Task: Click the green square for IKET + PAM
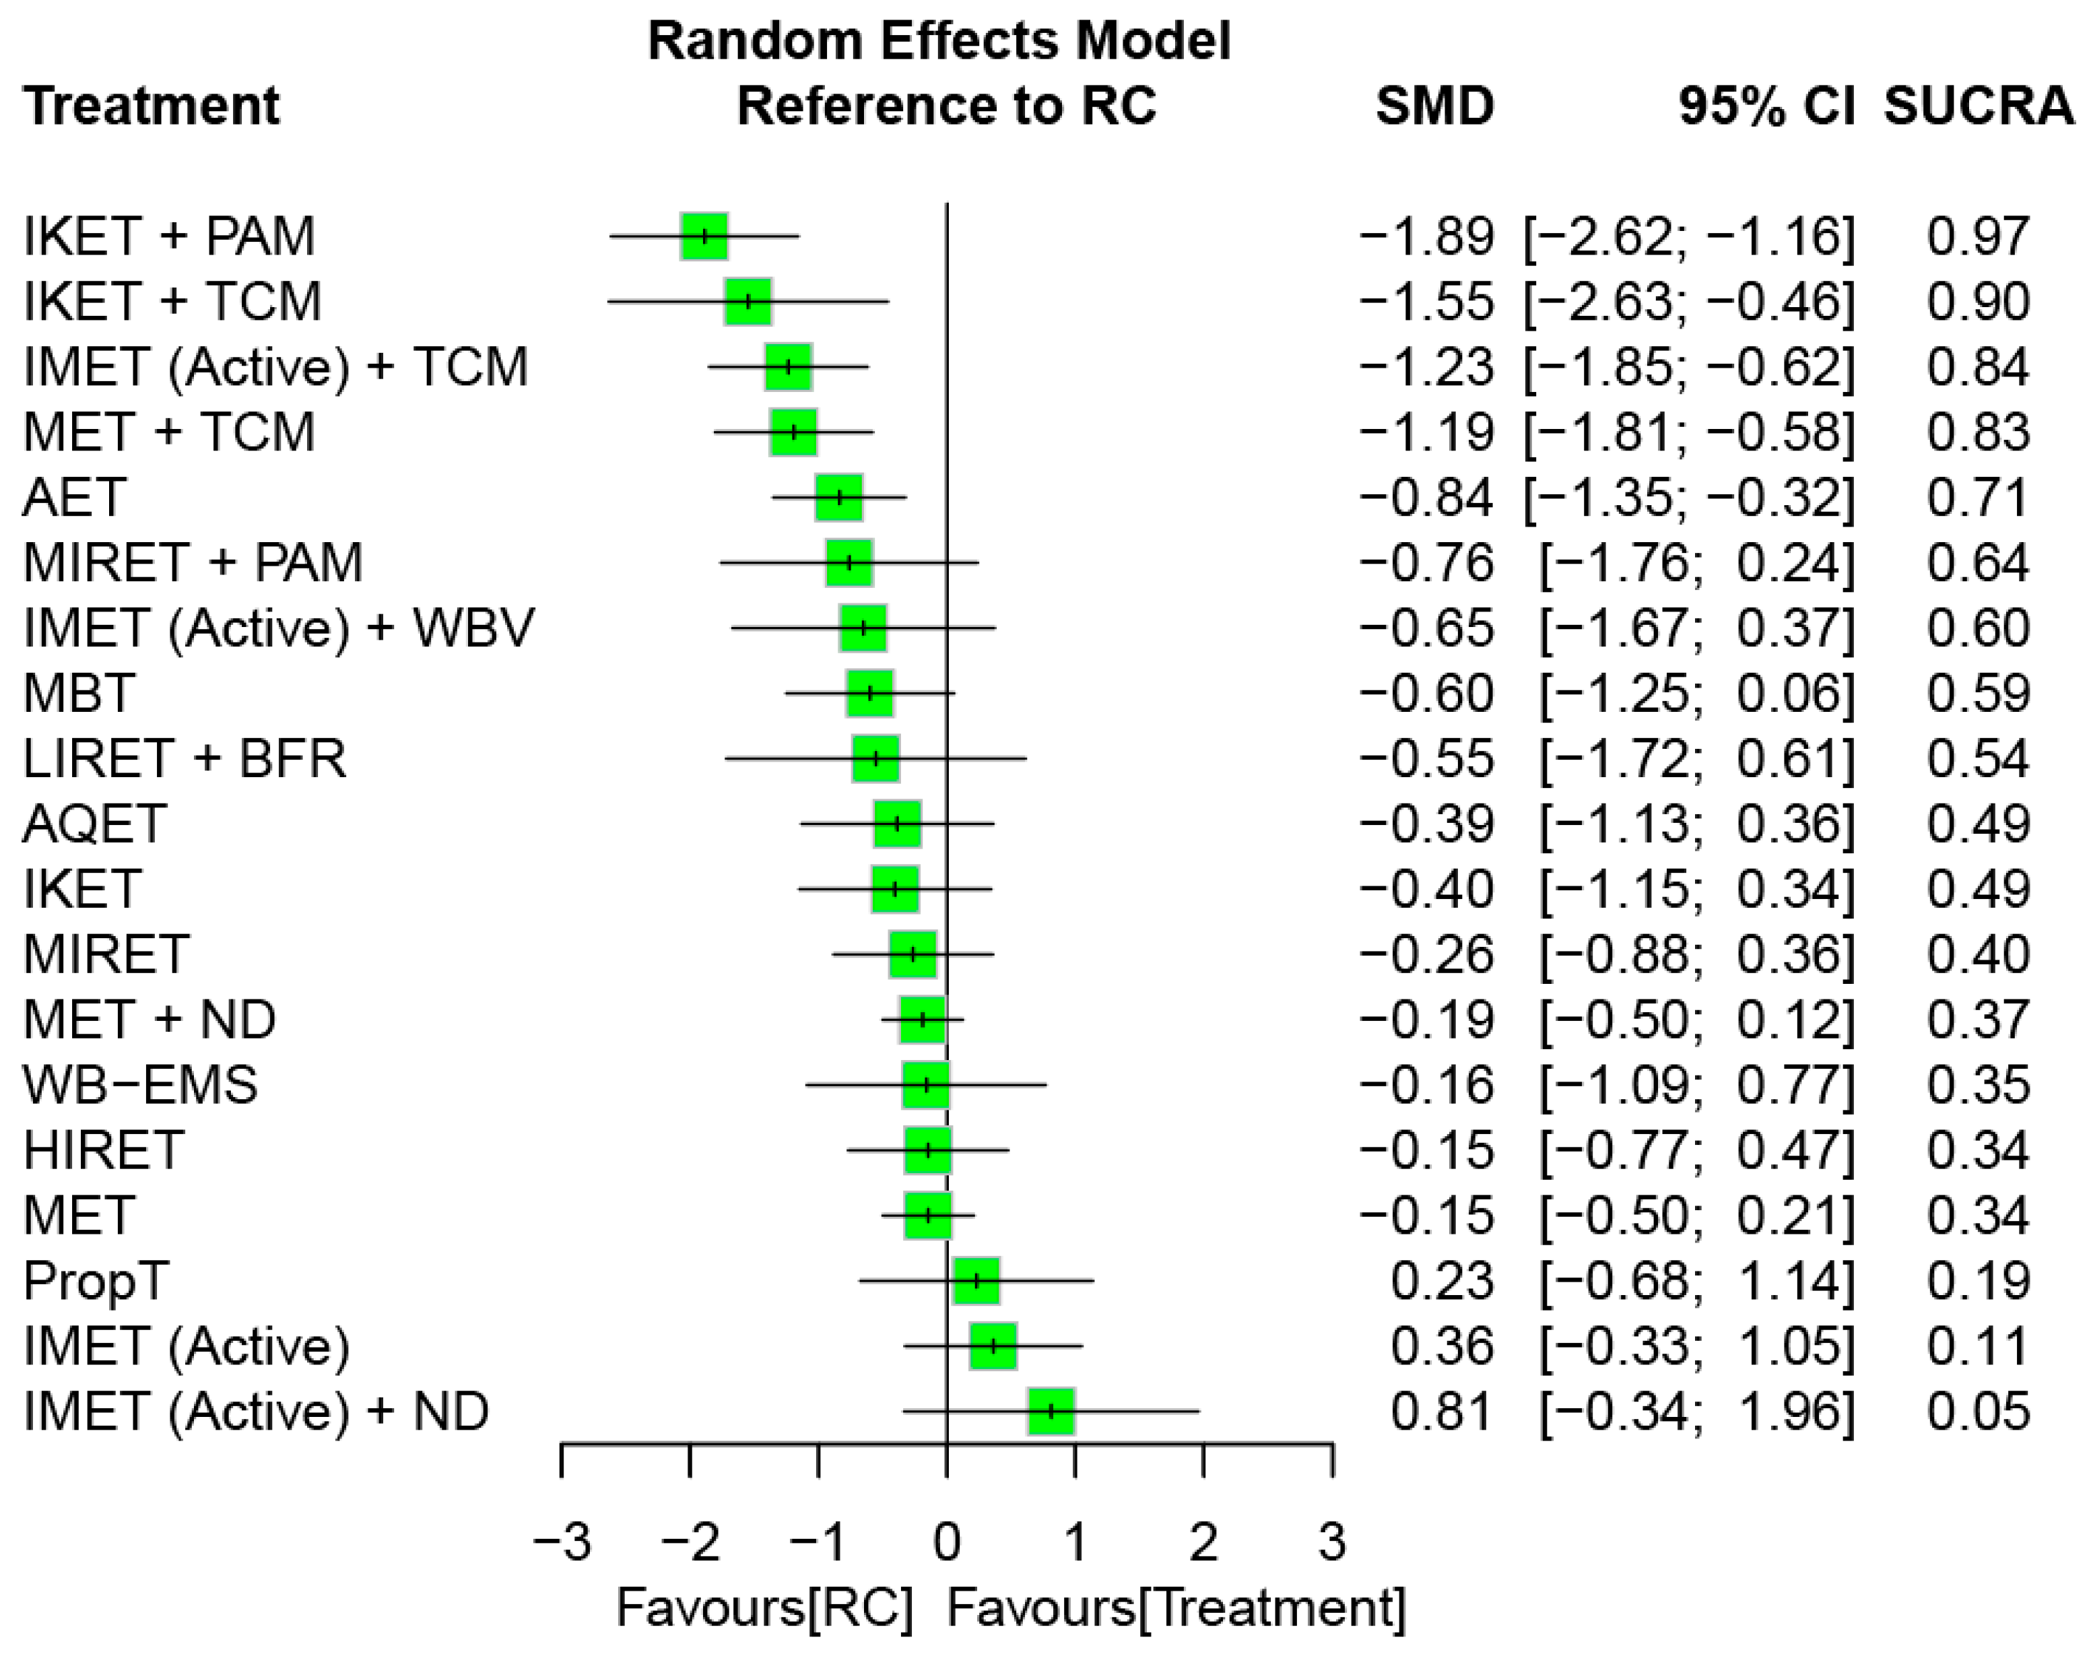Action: coord(704,236)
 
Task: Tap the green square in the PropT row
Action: coord(976,1281)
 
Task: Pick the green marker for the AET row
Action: coord(838,498)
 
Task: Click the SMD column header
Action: coord(1434,106)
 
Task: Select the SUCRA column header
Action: coord(1978,106)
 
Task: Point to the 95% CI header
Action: coord(1766,106)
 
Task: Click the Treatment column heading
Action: coord(152,106)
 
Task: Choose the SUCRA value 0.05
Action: coord(1978,1412)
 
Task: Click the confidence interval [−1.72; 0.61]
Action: coord(1697,759)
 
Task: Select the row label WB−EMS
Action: coord(141,1084)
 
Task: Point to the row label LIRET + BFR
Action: coord(184,759)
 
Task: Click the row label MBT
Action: coord(78,694)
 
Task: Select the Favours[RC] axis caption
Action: coord(765,1608)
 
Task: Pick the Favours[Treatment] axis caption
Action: coord(1176,1608)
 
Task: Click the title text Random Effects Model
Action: coord(939,42)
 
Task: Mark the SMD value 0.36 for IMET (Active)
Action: coord(1442,1346)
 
